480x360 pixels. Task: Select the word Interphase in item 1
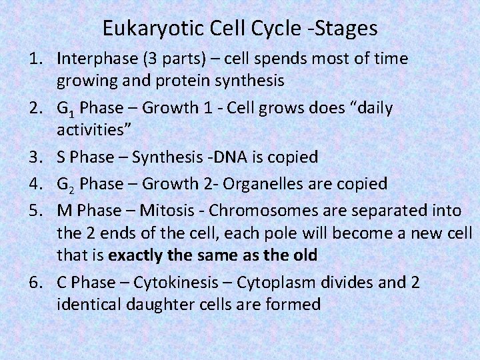(94, 59)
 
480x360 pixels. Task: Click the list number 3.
(37, 157)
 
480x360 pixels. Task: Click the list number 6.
(37, 282)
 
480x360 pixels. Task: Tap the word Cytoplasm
(257, 282)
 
